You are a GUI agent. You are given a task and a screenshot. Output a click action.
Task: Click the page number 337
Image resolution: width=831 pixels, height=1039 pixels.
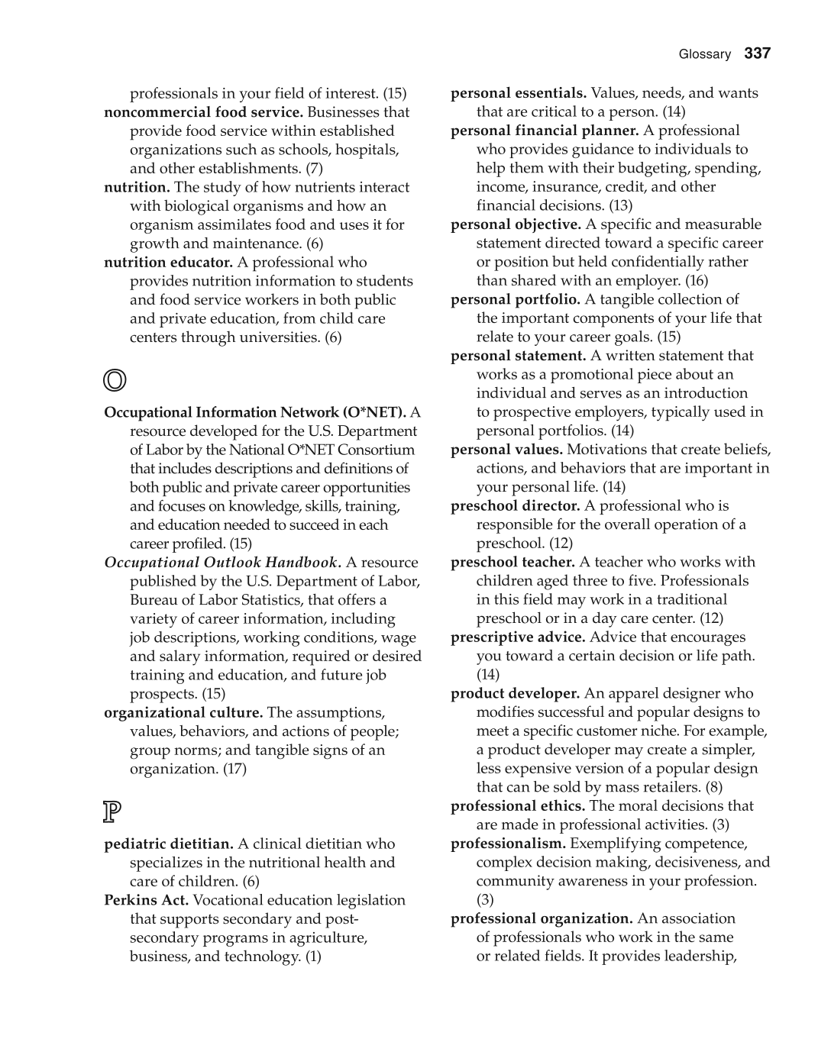point(757,53)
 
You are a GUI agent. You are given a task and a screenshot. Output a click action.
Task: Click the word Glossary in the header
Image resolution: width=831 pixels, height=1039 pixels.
point(704,54)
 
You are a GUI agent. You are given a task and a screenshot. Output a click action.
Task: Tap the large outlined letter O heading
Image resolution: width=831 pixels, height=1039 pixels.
point(115,379)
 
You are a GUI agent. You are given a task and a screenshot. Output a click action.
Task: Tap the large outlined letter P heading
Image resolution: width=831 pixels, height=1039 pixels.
point(112,812)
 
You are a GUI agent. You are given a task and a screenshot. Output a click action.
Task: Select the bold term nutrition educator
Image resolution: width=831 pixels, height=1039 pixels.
point(168,263)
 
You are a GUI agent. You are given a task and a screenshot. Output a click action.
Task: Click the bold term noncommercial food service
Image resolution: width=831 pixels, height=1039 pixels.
point(203,112)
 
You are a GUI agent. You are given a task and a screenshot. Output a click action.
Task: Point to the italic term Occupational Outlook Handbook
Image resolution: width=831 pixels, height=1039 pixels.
point(221,563)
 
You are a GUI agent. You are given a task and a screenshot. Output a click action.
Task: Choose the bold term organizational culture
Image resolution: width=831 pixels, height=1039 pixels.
point(183,713)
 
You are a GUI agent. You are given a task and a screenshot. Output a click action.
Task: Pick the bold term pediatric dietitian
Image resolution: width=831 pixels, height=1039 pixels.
point(169,844)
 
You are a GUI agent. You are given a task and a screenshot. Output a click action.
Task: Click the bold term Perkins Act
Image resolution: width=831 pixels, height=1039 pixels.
point(146,901)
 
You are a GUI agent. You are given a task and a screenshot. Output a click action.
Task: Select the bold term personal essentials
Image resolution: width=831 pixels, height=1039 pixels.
point(518,93)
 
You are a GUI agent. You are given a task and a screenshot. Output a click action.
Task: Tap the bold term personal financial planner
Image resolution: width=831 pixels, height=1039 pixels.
point(544,131)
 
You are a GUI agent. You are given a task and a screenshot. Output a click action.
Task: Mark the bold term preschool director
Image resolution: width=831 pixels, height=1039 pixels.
point(515,506)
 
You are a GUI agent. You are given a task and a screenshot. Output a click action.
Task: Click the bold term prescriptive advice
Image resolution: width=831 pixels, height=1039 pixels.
point(518,637)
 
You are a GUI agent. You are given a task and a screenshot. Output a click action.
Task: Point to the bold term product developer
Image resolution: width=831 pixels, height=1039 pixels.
point(515,694)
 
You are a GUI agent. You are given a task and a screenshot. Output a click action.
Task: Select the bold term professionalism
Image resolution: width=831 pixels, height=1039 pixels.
point(508,844)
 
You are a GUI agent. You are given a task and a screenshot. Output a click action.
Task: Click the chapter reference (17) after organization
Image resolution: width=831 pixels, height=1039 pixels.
point(234,769)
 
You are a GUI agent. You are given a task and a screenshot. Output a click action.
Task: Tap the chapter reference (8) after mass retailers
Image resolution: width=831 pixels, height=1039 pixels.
point(713,787)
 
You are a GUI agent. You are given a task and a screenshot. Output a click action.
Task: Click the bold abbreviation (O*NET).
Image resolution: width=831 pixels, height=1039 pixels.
point(375,412)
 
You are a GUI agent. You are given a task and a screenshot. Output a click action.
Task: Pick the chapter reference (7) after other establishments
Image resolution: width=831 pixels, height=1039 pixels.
point(314,169)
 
